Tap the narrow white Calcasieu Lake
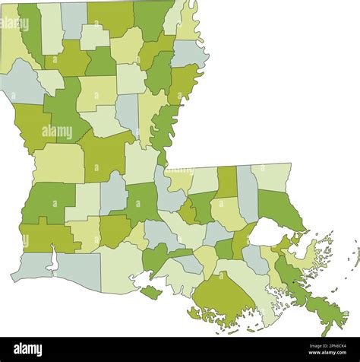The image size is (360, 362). (x=52, y=261)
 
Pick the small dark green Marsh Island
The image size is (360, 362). (x=150, y=292)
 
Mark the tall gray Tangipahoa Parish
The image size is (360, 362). (x=248, y=194)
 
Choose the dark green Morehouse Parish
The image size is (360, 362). (x=152, y=19)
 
